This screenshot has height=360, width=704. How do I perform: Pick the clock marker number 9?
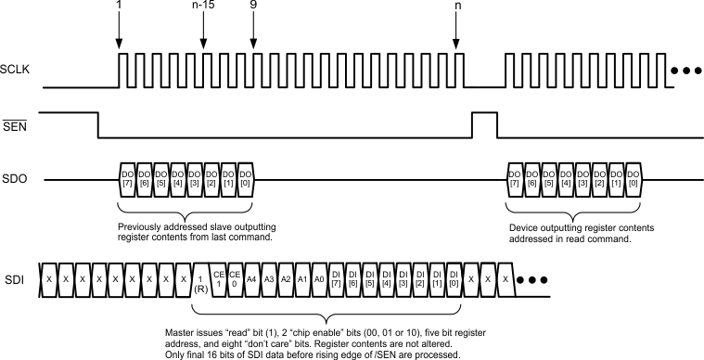click(253, 8)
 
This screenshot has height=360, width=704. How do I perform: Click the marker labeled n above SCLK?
click(455, 8)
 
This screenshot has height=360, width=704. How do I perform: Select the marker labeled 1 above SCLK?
click(119, 8)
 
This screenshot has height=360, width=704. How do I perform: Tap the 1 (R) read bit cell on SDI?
click(200, 279)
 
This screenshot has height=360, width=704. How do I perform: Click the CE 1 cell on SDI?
click(220, 279)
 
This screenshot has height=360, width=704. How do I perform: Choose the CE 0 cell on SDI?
click(236, 279)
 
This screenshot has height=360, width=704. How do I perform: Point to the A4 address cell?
click(252, 279)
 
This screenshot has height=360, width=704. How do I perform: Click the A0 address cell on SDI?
click(319, 279)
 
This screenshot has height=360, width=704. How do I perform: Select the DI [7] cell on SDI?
click(336, 279)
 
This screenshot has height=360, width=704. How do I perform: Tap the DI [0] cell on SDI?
click(454, 279)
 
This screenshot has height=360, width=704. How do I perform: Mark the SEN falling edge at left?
click(99, 125)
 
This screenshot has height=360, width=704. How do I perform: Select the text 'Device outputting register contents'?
click(581, 225)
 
